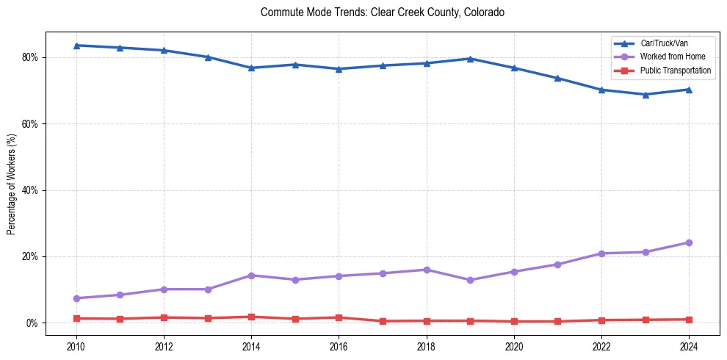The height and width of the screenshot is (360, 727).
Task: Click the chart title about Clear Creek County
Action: click(x=382, y=12)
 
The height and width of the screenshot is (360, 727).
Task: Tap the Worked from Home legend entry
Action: click(x=671, y=57)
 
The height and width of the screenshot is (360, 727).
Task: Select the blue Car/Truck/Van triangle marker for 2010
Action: click(x=76, y=46)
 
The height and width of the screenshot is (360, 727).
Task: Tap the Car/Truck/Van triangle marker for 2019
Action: click(x=470, y=59)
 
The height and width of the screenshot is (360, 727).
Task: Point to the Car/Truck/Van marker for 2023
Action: click(x=645, y=94)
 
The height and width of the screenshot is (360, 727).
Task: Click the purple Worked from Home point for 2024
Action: click(x=689, y=242)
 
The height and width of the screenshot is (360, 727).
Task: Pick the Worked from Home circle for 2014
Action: click(x=251, y=276)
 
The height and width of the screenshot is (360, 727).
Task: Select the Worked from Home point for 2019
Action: click(x=470, y=280)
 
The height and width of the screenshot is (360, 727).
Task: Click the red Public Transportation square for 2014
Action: click(x=251, y=317)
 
